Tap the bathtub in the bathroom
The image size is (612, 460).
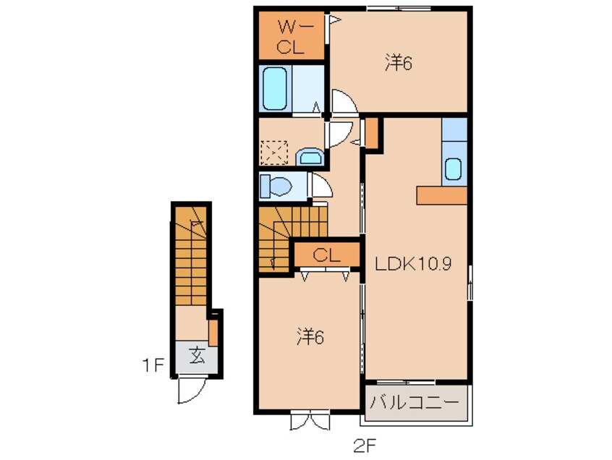[x=275, y=89]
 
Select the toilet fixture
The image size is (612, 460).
[x=276, y=187]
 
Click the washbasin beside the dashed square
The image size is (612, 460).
[x=310, y=157]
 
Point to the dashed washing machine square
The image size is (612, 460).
[x=273, y=152]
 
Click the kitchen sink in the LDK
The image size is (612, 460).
[x=453, y=169]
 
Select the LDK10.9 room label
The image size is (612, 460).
[x=413, y=264]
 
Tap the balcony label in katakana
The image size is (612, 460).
[x=415, y=402]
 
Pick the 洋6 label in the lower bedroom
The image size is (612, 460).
[x=310, y=337]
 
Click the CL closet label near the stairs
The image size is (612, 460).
[x=326, y=255]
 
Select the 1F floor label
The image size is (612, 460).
[x=153, y=365]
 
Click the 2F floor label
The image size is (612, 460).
[x=365, y=446]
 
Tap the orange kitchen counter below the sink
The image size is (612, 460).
[x=442, y=195]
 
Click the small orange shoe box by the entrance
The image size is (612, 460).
[x=213, y=333]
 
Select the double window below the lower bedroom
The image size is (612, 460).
[x=310, y=419]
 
